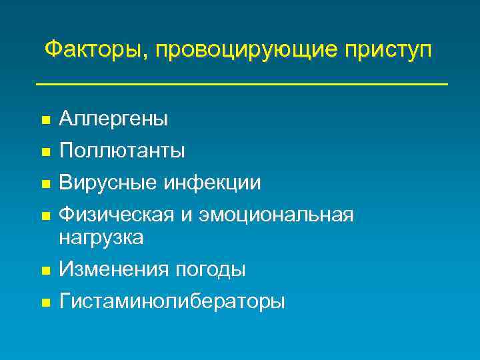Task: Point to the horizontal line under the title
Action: coord(241,84)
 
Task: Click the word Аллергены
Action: coord(113,119)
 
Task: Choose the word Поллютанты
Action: coord(122,151)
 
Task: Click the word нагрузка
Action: coord(101,237)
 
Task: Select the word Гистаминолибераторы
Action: coord(172,301)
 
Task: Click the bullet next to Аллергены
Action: coord(44,121)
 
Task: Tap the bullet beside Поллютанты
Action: coord(44,152)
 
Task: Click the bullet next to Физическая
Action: coord(44,216)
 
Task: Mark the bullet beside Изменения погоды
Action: coord(44,271)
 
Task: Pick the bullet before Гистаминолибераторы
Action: coord(44,303)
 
